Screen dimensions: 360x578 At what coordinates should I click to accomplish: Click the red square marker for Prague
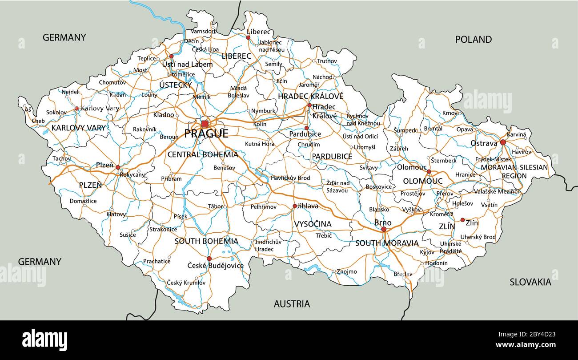tap(205, 124)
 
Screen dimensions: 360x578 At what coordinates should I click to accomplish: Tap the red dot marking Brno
tap(384, 229)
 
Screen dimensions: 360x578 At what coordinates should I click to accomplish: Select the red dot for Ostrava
tap(503, 142)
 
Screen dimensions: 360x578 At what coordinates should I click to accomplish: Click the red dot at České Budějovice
tap(209, 258)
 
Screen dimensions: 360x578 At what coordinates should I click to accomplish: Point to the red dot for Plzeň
tap(118, 167)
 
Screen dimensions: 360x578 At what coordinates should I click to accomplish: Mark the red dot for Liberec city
tap(248, 37)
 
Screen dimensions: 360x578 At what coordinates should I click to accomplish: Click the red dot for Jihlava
tap(294, 206)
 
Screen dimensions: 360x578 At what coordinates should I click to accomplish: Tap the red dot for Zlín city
tap(462, 220)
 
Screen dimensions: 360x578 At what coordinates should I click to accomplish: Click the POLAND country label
tap(473, 39)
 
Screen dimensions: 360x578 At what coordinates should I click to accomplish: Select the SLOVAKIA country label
tap(530, 282)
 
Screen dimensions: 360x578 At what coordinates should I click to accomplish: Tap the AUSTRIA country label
tap(292, 304)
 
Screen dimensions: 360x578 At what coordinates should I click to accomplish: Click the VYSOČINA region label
tap(313, 224)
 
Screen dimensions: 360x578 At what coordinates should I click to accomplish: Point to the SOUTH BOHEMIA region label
tap(206, 241)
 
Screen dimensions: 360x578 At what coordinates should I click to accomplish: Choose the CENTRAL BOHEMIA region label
tap(202, 154)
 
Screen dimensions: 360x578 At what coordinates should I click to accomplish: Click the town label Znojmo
tap(347, 271)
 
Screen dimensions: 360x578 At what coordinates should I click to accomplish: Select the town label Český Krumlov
tap(186, 283)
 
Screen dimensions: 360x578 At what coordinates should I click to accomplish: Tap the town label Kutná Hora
tap(260, 144)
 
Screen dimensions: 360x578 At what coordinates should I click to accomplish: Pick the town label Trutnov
tap(327, 61)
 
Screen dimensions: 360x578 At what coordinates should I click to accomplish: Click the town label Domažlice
tap(83, 201)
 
